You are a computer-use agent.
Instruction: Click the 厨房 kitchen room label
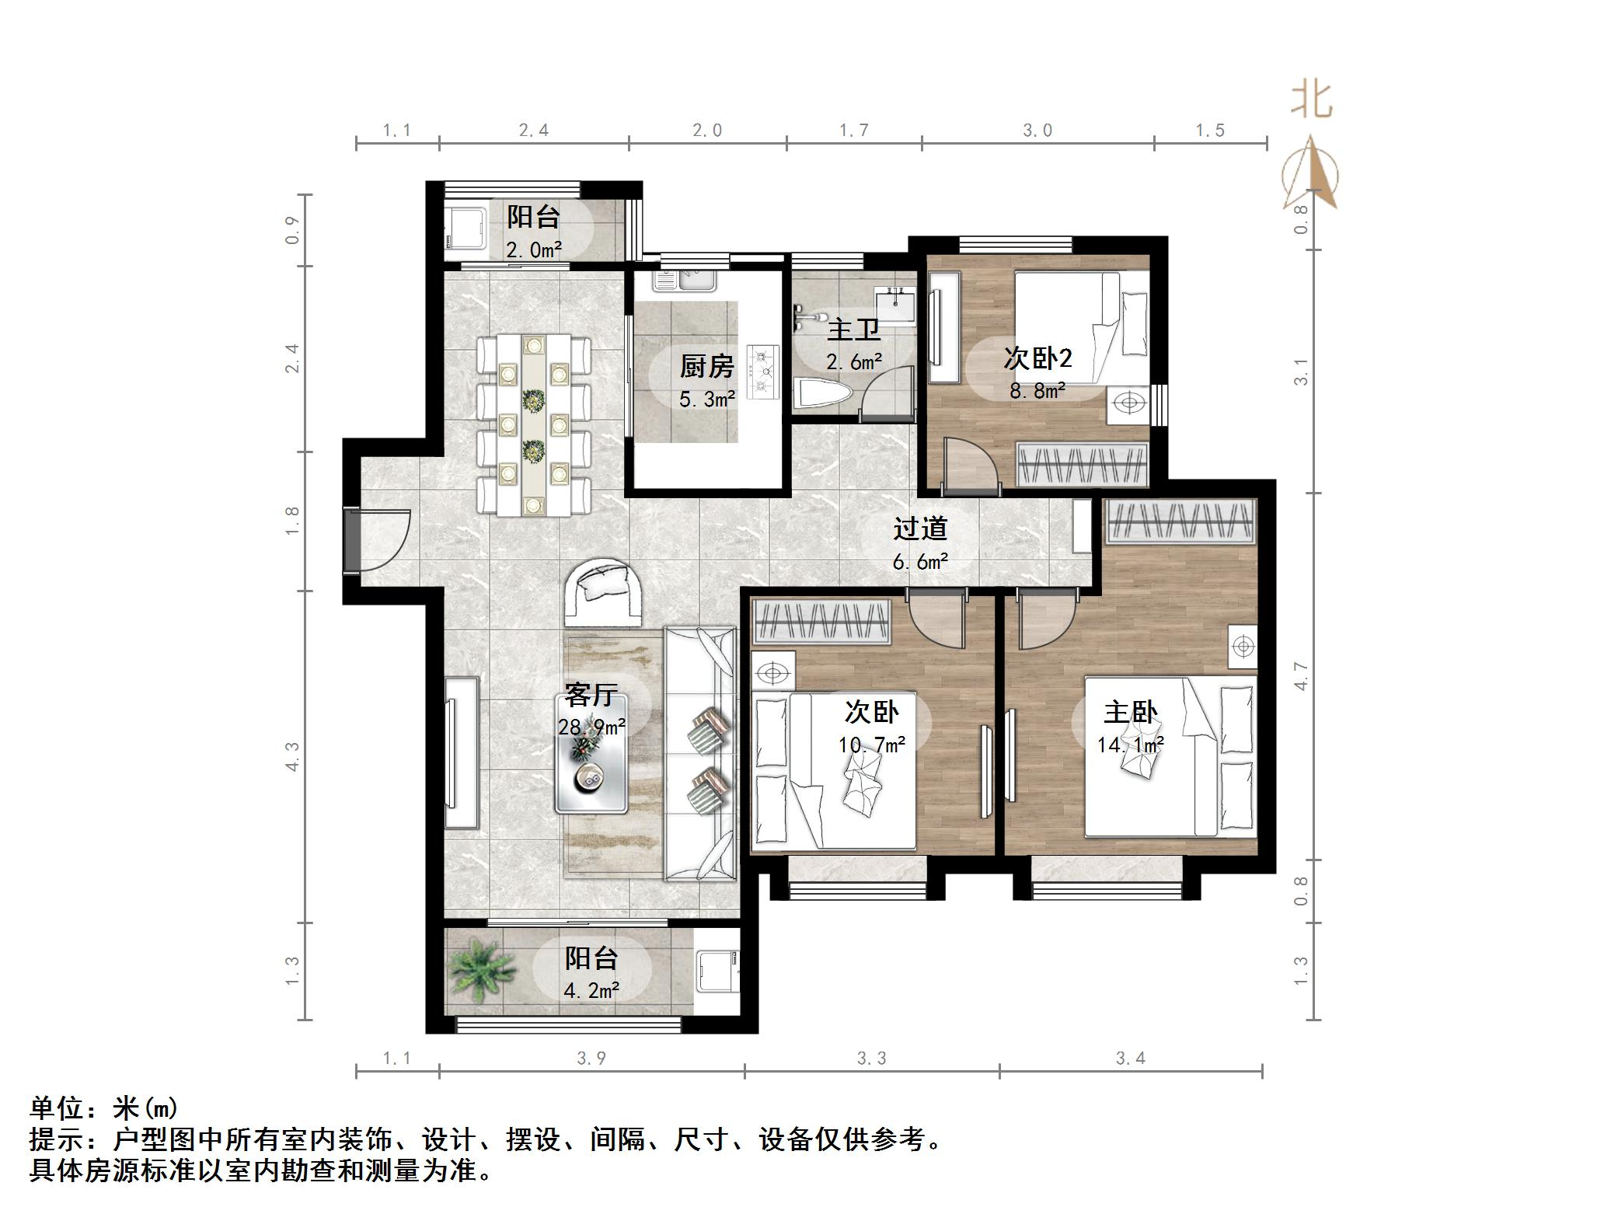[x=706, y=365]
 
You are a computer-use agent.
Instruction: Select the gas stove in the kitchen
[x=762, y=372]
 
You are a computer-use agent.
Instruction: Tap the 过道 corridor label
[x=920, y=529]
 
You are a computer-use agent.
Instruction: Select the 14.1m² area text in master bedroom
[x=1130, y=745]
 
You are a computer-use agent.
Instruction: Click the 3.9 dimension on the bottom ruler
[x=591, y=1059]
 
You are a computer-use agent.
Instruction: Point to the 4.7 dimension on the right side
[x=1301, y=675]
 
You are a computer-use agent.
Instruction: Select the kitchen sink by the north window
[x=684, y=280]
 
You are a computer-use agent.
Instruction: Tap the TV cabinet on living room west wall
[x=462, y=752]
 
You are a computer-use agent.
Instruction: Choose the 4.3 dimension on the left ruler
[x=292, y=756]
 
